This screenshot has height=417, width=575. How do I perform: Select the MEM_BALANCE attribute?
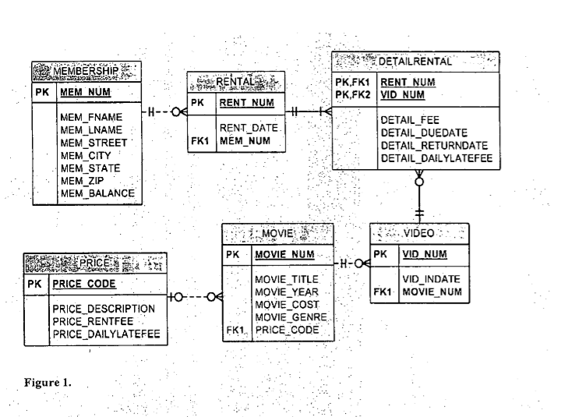point(97,193)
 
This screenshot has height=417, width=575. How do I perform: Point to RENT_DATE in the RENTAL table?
point(249,128)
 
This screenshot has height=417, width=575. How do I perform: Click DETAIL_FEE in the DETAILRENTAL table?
point(410,121)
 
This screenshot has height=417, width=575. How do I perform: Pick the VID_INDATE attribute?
point(432,278)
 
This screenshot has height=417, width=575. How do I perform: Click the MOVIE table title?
point(277,233)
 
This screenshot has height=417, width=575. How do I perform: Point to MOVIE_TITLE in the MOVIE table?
point(284,278)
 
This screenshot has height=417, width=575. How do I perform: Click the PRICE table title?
point(97,263)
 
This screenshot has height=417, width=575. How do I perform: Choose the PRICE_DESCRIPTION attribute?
point(104,309)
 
